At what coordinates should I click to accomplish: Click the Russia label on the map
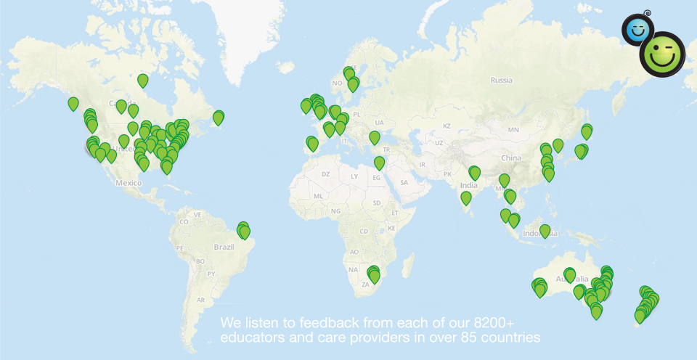click(501, 81)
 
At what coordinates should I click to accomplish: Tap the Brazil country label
click(224, 247)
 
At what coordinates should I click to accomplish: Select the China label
click(511, 157)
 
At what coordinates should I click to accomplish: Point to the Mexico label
click(128, 182)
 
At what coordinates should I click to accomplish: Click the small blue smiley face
click(637, 30)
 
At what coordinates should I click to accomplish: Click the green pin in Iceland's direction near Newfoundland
click(219, 117)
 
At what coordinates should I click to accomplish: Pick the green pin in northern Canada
click(143, 80)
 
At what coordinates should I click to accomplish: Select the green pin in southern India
click(466, 197)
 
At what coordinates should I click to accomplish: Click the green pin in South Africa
click(374, 275)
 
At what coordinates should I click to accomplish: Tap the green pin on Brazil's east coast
click(243, 231)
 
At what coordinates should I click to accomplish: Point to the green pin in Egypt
click(379, 163)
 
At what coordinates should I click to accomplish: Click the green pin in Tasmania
click(596, 311)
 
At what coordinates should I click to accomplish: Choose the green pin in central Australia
click(570, 275)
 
